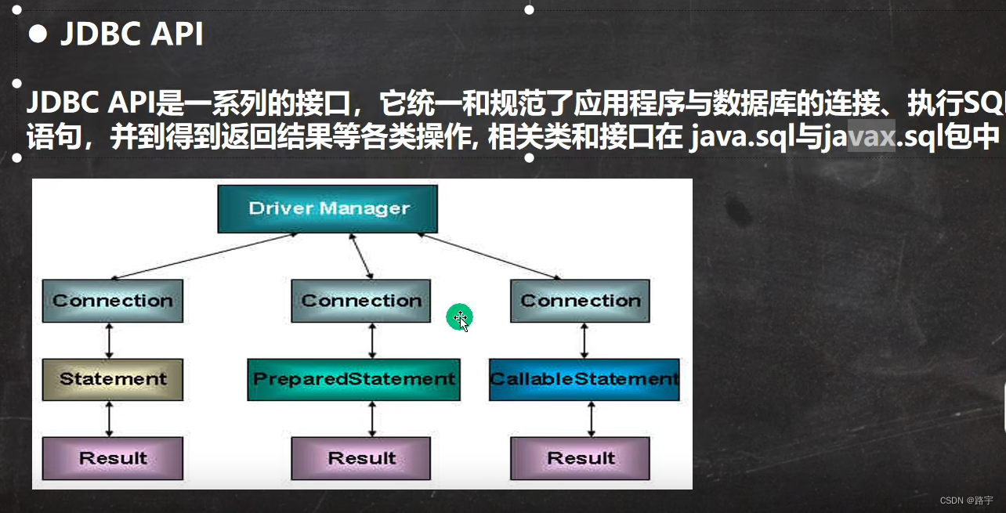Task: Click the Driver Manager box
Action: [x=327, y=208]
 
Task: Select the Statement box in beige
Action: [x=113, y=379]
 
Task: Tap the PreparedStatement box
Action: [x=353, y=379]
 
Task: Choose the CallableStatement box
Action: [x=584, y=379]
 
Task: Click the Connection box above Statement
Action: [x=113, y=301]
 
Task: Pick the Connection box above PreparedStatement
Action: [x=361, y=301]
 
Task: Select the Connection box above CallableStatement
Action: [x=580, y=301]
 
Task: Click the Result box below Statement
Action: [x=113, y=458]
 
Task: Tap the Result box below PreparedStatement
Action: [x=361, y=458]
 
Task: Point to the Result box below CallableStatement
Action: [x=580, y=458]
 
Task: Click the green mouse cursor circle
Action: [x=460, y=318]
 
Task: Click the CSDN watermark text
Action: [x=966, y=500]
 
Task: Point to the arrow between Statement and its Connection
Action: [x=109, y=341]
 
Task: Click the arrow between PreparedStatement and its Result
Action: [x=371, y=419]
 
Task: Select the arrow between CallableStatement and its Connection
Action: [x=584, y=341]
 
